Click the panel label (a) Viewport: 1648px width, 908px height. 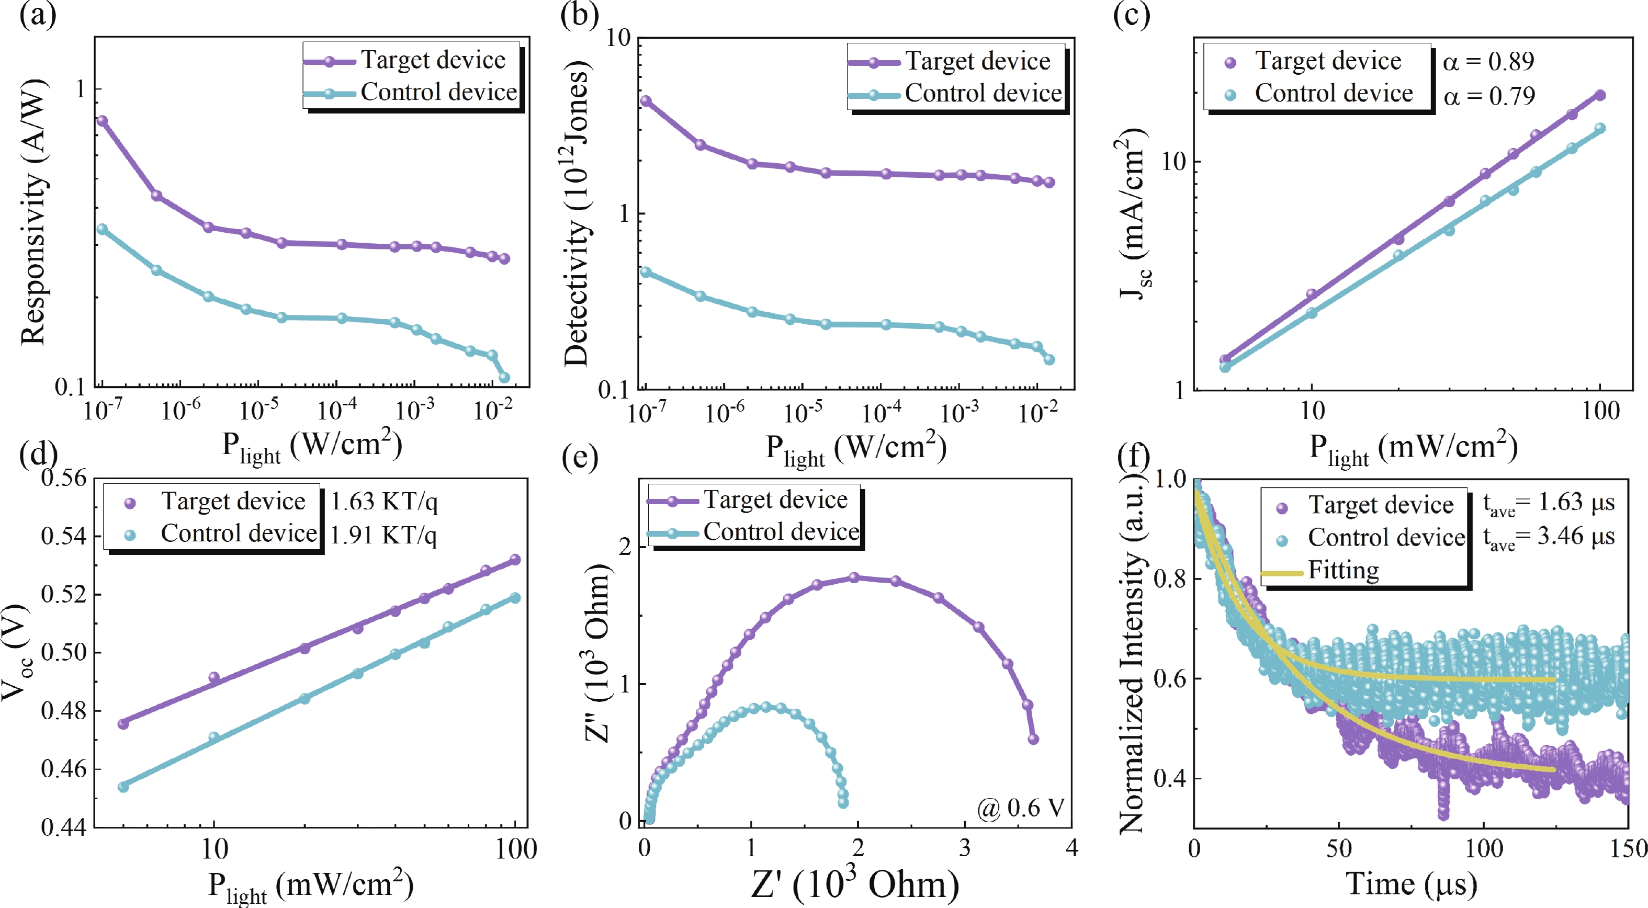pos(38,14)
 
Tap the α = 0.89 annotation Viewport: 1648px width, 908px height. pos(1488,61)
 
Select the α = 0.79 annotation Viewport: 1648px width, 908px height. pos(1489,96)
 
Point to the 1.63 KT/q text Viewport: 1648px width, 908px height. pos(384,502)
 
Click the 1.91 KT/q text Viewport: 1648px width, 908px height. pos(383,535)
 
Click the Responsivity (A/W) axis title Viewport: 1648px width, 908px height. pos(33,211)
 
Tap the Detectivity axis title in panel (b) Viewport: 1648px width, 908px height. pos(577,214)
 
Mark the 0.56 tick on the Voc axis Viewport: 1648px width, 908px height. pos(63,478)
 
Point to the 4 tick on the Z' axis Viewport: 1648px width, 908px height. pos(1071,848)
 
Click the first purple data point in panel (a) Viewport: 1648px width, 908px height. pos(101,120)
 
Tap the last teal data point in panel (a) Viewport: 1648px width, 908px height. pos(504,377)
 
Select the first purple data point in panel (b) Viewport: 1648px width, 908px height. pos(646,101)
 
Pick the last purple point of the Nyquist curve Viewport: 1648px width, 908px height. pos(1033,739)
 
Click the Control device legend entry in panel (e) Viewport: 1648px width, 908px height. pos(781,532)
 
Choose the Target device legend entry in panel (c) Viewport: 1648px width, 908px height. pos(1327,61)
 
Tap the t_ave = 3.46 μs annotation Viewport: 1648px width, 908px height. pos(1549,537)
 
